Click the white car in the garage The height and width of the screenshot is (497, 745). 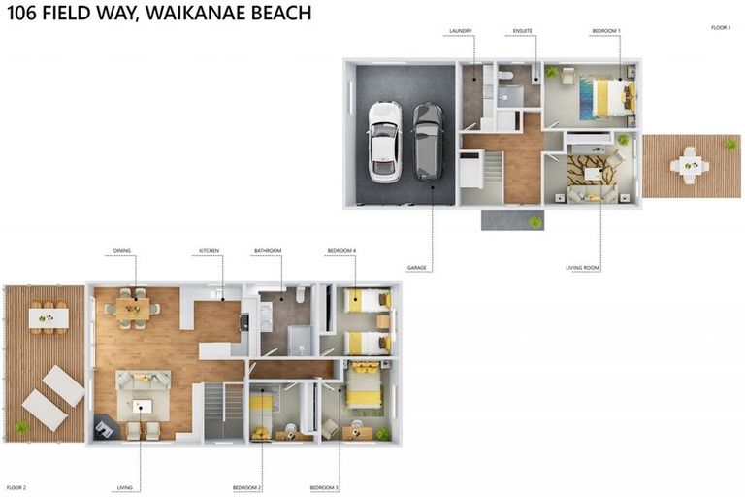tap(384, 141)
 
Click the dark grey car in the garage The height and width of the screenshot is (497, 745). tap(428, 142)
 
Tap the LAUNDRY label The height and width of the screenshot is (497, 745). tap(461, 31)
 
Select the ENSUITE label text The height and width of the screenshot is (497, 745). tap(523, 31)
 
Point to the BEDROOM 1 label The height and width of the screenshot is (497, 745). tap(606, 31)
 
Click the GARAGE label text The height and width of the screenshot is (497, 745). tap(418, 268)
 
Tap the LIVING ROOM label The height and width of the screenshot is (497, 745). tap(583, 268)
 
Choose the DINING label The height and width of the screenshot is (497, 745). tap(121, 251)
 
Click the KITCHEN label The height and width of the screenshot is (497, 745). tap(210, 251)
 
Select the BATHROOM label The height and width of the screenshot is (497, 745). tap(268, 251)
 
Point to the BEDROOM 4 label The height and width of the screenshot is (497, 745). tap(341, 251)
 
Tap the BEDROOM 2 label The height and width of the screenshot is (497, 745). tap(247, 487)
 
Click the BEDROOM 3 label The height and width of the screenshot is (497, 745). tap(324, 487)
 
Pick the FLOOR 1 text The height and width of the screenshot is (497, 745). tap(721, 28)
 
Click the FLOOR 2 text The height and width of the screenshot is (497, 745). tap(16, 487)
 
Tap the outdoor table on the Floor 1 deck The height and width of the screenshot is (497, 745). tap(691, 164)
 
